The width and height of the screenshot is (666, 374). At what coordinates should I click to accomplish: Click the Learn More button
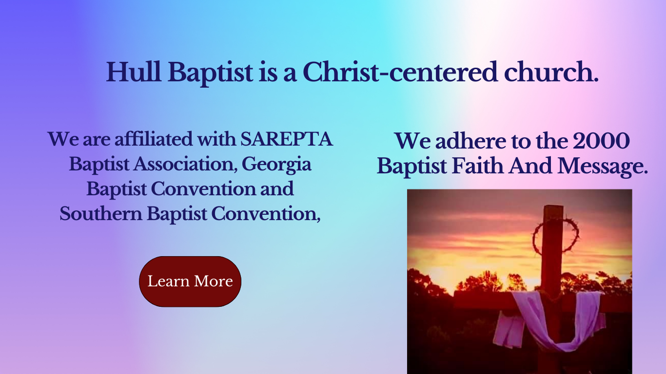click(190, 281)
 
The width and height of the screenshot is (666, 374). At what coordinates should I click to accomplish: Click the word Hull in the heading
click(134, 72)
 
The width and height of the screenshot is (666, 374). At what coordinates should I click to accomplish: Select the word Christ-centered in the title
click(400, 72)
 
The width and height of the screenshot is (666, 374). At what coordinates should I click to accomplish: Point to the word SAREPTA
click(286, 139)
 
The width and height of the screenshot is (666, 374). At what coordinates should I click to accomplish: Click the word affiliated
click(154, 139)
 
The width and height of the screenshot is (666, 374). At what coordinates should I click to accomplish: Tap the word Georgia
click(276, 165)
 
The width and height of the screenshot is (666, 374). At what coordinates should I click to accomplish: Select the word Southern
click(101, 214)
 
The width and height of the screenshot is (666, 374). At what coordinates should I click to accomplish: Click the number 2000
click(601, 141)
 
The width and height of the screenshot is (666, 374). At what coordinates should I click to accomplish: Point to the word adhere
click(470, 141)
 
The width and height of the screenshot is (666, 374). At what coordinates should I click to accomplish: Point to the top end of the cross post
click(553, 206)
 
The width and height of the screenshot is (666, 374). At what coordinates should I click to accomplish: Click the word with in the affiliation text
click(216, 139)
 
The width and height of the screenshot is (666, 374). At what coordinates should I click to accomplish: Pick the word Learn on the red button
click(168, 281)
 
